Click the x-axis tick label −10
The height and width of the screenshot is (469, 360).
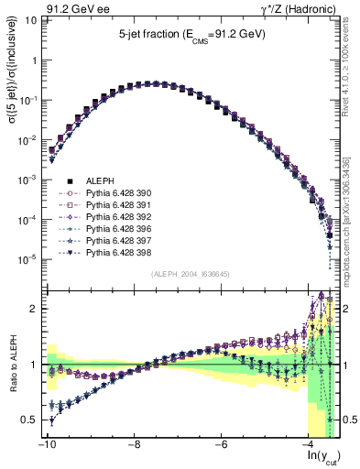click(x=46, y=444)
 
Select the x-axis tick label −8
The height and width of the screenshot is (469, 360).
click(x=134, y=444)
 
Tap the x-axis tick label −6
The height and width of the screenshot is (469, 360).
click(x=222, y=444)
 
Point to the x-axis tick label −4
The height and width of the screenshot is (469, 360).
click(x=310, y=444)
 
